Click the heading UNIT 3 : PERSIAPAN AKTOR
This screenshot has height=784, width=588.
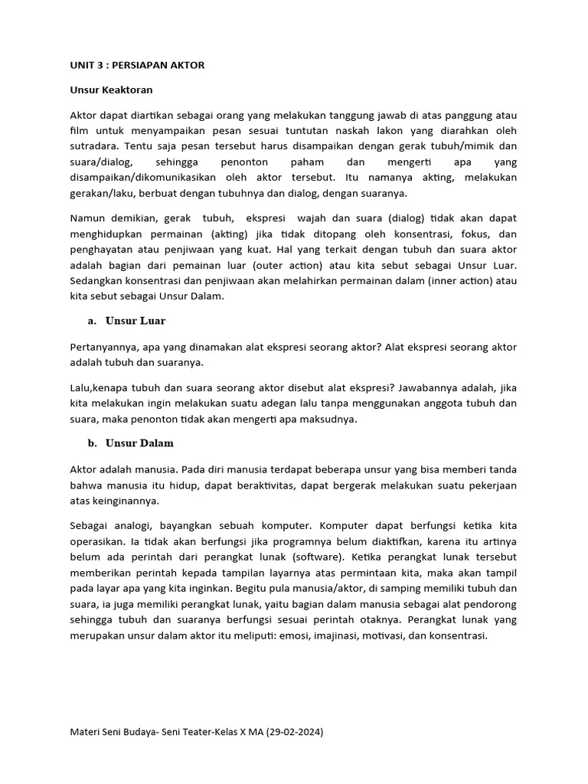(137, 65)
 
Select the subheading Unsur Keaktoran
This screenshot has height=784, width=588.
(111, 90)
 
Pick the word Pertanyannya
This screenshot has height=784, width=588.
(105, 347)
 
